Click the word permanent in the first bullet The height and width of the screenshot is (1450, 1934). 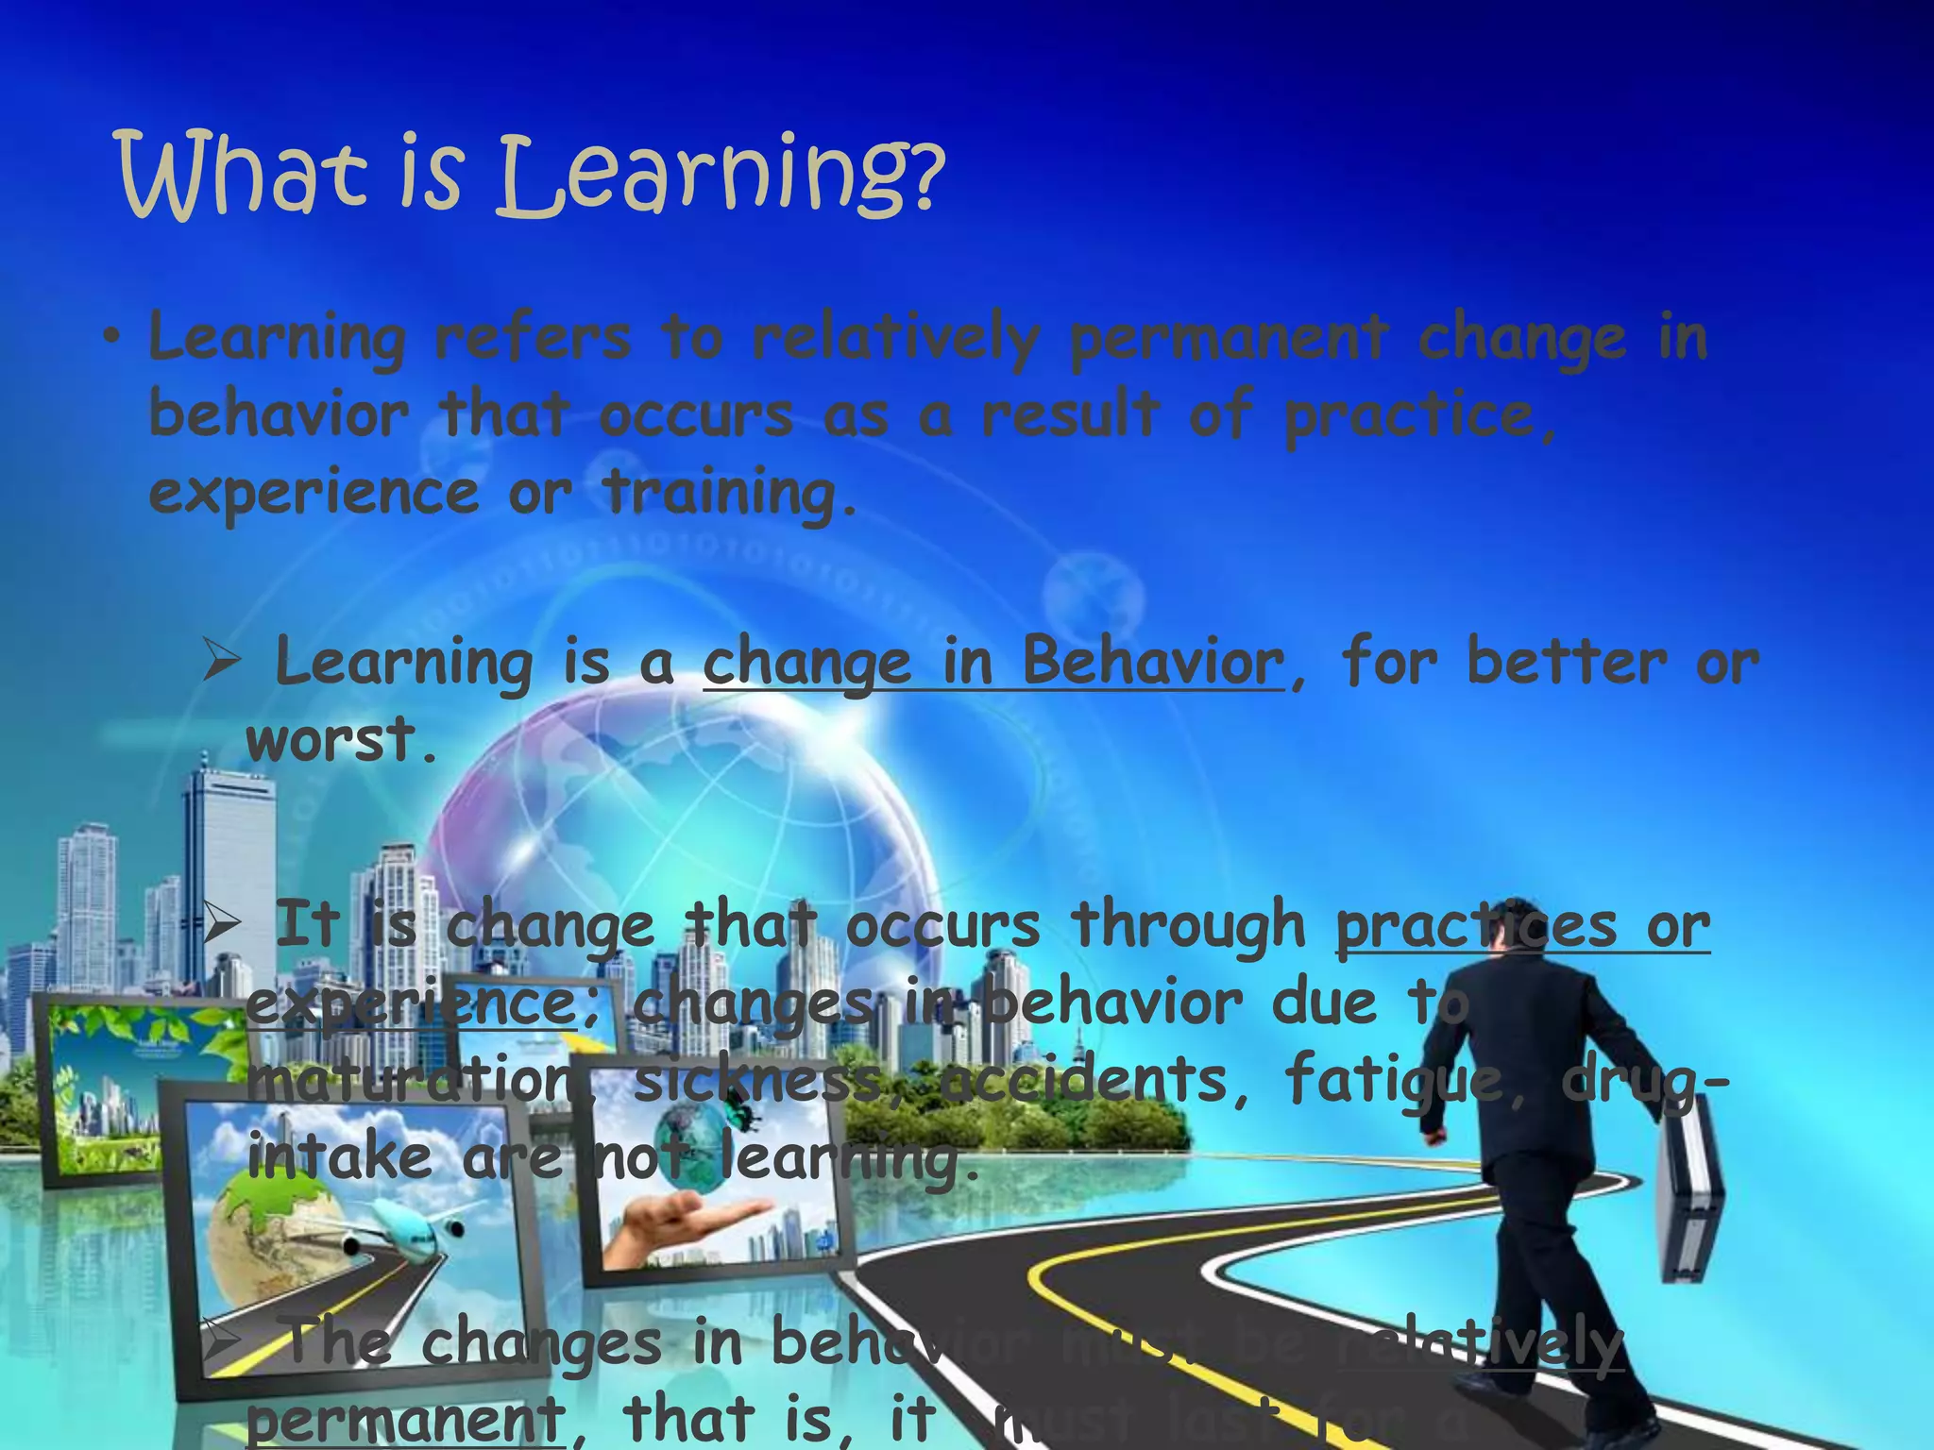pos(1228,338)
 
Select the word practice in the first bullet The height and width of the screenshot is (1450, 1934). pos(1412,415)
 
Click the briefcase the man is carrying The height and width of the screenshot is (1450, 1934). pos(1690,1199)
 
